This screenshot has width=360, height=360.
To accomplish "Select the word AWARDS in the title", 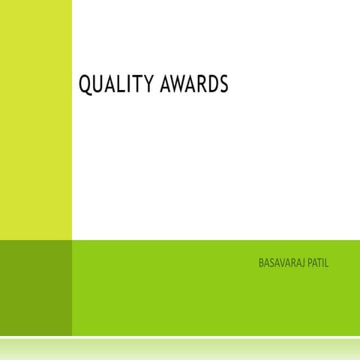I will pyautogui.click(x=195, y=85).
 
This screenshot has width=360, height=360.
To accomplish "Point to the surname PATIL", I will pyautogui.click(x=318, y=263).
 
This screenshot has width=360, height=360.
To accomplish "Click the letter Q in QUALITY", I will pyautogui.click(x=85, y=85).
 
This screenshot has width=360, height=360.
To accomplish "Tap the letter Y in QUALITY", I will pyautogui.click(x=149, y=85).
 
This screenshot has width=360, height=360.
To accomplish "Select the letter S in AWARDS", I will pyautogui.click(x=223, y=85).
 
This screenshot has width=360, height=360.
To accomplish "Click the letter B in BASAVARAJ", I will pyautogui.click(x=261, y=263).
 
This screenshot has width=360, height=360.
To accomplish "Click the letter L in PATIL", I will pyautogui.click(x=327, y=263).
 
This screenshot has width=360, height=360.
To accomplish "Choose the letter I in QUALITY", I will pyautogui.click(x=131, y=85).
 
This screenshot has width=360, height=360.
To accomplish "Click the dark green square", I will pyautogui.click(x=35, y=287).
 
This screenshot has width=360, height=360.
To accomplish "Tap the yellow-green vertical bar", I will pyautogui.click(x=35, y=120).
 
